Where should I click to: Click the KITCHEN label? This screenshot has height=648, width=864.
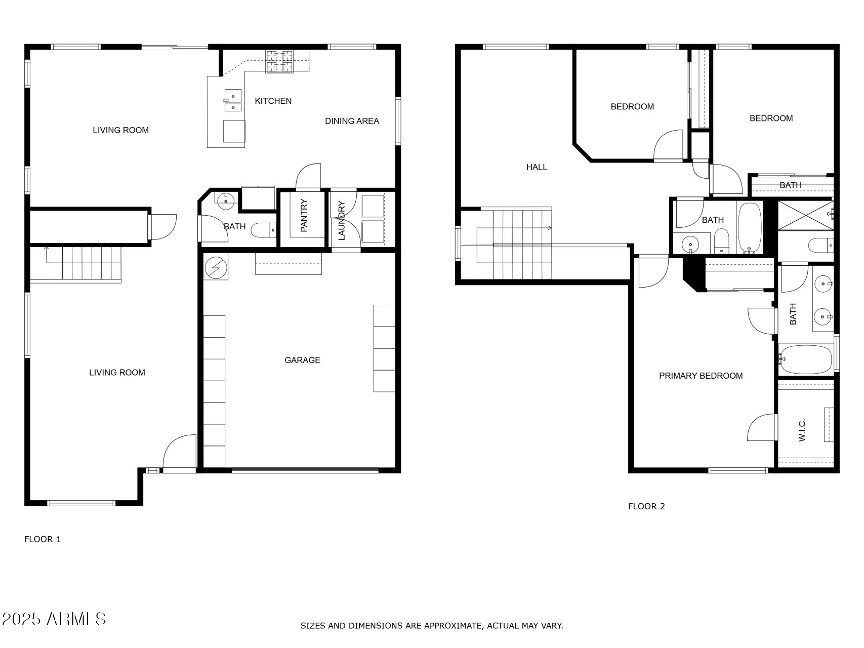click(273, 101)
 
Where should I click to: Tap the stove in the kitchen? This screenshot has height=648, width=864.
click(279, 62)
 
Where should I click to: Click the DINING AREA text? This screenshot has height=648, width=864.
click(352, 121)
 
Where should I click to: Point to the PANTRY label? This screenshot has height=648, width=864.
click(304, 216)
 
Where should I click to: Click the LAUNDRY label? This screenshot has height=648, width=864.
click(341, 221)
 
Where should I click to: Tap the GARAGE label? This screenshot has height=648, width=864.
click(302, 360)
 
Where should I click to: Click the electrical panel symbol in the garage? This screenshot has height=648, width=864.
click(216, 267)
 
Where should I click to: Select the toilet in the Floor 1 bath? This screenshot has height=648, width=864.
click(263, 230)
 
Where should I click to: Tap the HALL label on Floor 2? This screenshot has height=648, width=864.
click(537, 167)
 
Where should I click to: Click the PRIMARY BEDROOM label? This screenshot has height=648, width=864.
click(701, 376)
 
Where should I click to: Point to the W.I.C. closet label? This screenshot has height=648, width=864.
click(802, 430)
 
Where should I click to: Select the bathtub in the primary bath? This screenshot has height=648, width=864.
click(806, 359)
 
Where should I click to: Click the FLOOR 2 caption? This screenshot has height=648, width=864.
click(646, 506)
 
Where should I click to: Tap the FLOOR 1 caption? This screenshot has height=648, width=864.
click(43, 539)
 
